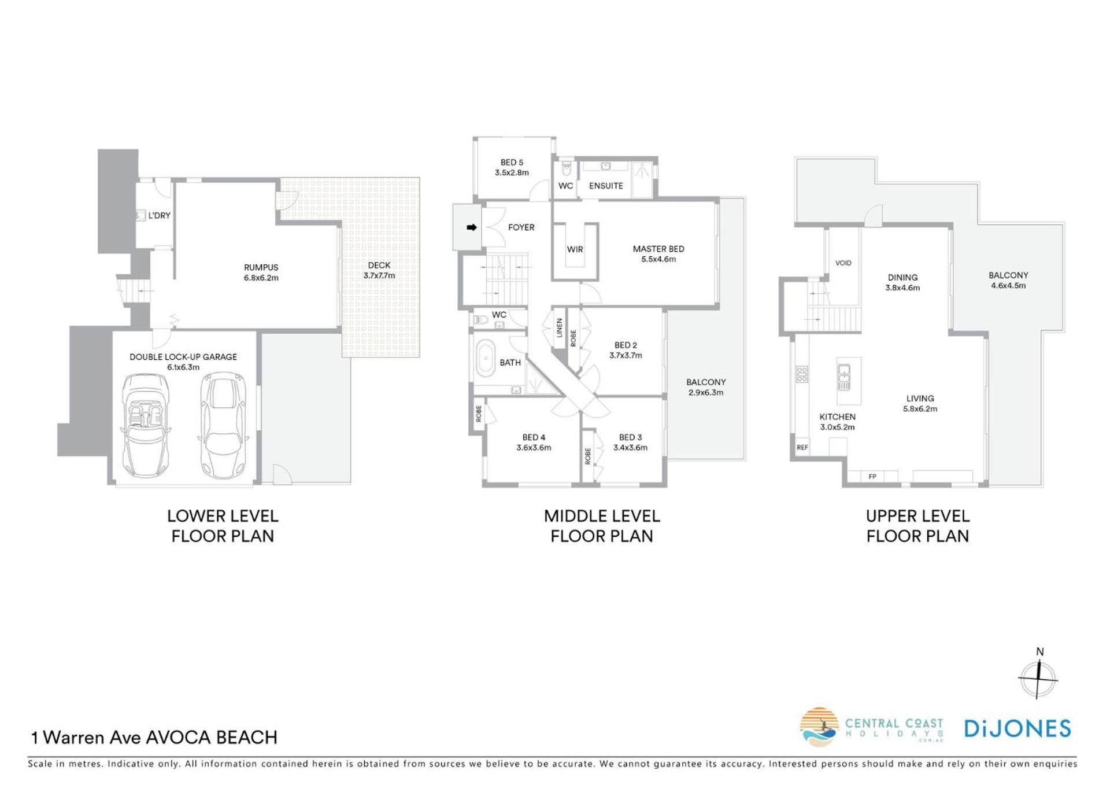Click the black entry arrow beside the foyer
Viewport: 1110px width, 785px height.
472,227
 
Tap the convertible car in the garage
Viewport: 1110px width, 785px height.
146,425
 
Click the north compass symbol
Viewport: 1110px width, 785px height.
1039,675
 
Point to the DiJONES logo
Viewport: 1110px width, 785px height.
1017,729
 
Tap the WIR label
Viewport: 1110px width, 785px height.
575,249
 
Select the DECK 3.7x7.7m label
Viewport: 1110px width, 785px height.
379,270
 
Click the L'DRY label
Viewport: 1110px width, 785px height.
160,215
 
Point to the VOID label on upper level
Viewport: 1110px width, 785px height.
843,263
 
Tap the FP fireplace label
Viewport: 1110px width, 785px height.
872,477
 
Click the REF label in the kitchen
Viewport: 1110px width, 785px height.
802,447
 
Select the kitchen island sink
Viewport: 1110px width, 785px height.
844,377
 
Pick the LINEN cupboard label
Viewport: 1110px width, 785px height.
560,327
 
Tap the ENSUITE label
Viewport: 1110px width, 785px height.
606,186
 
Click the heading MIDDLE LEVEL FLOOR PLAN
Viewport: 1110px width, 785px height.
602,526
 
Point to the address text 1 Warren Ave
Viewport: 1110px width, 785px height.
86,738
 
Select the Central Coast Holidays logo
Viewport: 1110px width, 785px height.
872,727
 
